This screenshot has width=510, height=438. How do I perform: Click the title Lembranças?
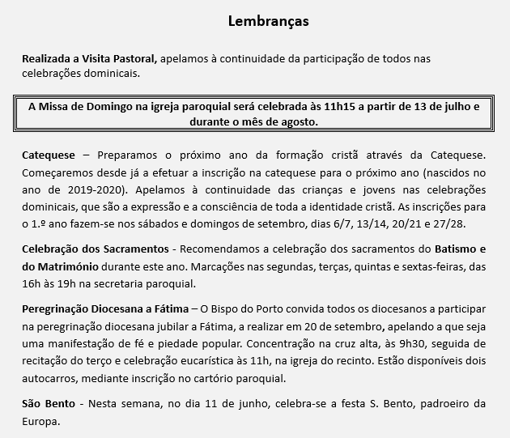pyautogui.click(x=268, y=20)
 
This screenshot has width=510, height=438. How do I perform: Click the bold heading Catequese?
pyautogui.click(x=49, y=154)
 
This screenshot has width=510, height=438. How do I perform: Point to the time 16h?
pyautogui.click(x=31, y=284)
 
